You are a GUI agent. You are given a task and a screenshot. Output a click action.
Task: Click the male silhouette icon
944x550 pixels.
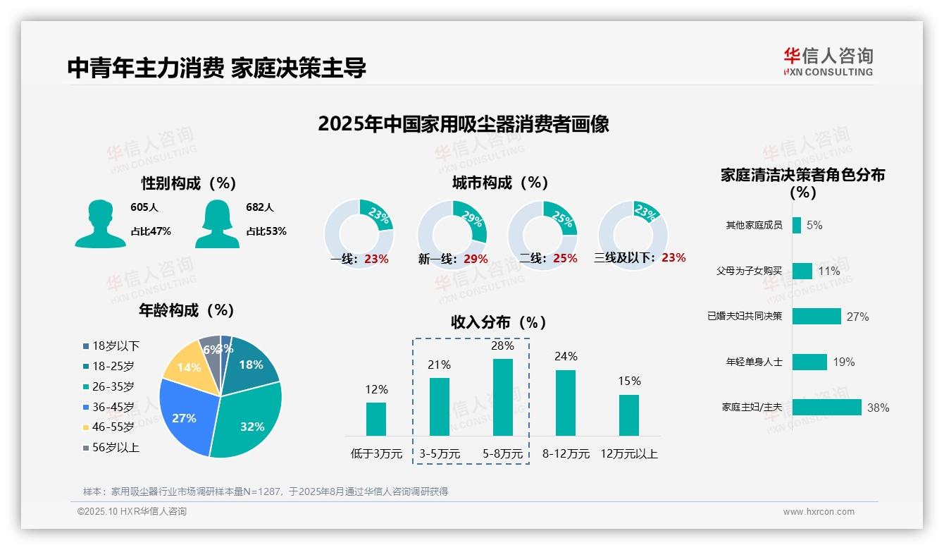(100, 224)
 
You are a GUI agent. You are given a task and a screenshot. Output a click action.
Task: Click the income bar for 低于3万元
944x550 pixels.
(376, 419)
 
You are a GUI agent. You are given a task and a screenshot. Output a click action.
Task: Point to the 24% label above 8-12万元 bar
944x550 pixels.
(566, 357)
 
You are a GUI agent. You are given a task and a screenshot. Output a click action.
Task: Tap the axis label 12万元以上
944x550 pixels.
(628, 453)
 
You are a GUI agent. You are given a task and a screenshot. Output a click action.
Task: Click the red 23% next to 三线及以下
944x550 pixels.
(673, 257)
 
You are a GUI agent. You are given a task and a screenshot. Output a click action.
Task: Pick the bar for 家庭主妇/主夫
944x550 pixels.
(826, 408)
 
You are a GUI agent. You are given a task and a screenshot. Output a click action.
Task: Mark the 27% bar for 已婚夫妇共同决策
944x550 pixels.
(816, 316)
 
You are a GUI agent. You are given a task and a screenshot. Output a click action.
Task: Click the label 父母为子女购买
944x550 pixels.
(749, 271)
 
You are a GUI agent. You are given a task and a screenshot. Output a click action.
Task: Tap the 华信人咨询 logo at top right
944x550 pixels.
(828, 61)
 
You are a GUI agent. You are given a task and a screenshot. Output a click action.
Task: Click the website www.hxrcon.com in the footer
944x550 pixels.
(819, 512)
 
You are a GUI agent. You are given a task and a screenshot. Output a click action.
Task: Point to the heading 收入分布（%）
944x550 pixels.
(499, 322)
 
